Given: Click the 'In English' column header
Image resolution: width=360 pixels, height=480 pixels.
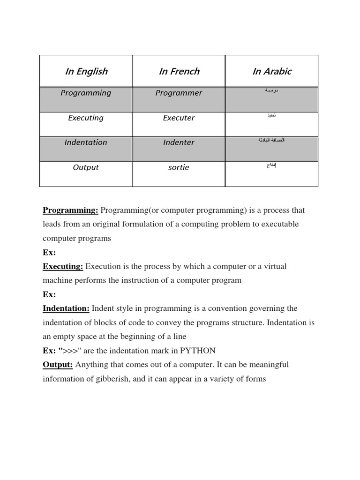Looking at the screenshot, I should tap(86, 71).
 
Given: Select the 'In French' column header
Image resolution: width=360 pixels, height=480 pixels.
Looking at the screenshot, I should tap(179, 71).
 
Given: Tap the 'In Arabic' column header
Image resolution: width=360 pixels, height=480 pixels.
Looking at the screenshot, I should tap(272, 71).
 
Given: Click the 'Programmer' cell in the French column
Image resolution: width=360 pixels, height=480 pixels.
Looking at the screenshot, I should tap(179, 93).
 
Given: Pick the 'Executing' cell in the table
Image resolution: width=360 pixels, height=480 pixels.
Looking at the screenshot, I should tap(86, 118).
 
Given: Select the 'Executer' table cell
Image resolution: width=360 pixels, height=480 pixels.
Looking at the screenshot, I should tap(179, 118).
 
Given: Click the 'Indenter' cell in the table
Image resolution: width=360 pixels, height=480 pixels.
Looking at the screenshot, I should tap(179, 142).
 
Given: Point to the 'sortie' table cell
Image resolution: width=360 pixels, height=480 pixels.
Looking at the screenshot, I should tap(179, 167).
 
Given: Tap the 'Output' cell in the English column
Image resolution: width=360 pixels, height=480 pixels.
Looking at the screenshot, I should tap(86, 167).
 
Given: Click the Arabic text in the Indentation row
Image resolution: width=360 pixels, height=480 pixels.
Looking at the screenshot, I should tap(271, 140).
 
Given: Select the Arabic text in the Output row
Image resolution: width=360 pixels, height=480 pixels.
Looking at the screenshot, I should tap(271, 165).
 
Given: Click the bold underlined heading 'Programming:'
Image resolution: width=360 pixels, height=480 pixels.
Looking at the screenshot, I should tap(70, 210).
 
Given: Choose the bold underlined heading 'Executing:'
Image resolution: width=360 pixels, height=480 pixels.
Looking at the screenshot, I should tap(63, 266).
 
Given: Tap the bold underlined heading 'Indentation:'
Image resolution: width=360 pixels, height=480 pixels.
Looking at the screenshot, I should tap(66, 308).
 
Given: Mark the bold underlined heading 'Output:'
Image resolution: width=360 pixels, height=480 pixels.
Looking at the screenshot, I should tap(58, 365).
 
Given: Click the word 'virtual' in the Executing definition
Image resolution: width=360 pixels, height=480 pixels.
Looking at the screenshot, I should tap(274, 266).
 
